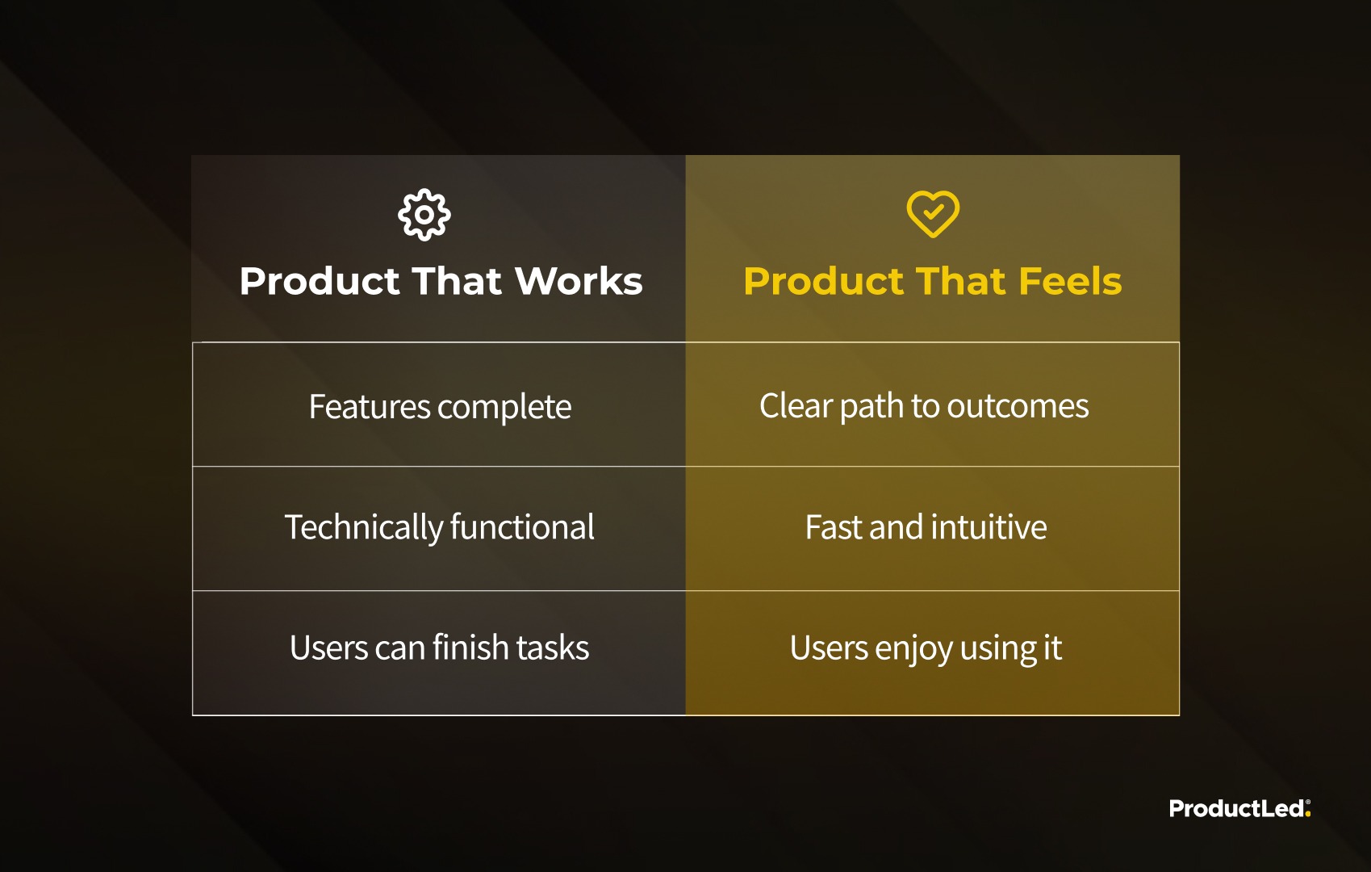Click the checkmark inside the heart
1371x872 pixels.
934,212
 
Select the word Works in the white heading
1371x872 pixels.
579,281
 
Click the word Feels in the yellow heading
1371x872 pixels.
1070,281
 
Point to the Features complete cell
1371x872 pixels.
440,405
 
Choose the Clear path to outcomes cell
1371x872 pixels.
932,405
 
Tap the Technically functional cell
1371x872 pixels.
440,529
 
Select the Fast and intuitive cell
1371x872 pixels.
932,529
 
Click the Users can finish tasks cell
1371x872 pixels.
440,652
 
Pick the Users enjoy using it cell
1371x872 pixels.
932,652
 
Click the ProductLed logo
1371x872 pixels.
1240,808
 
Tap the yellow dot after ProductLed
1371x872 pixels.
1308,814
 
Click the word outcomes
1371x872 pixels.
1018,407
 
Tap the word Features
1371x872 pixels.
370,406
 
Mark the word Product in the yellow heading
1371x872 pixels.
823,281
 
